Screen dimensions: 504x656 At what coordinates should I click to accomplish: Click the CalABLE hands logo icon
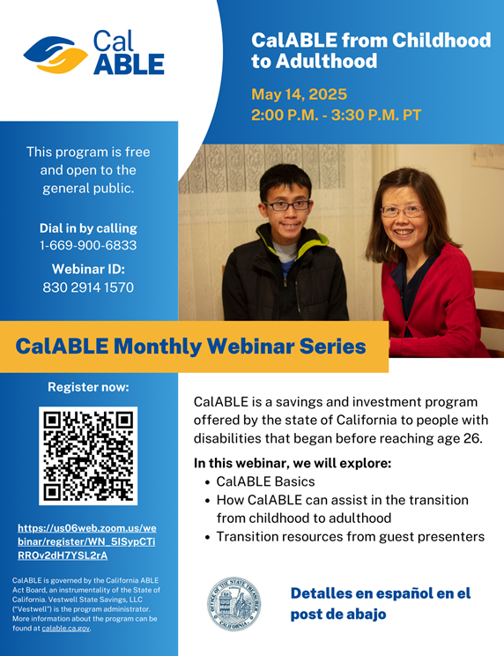point(56,55)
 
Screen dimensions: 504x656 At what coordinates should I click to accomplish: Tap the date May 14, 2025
point(299,94)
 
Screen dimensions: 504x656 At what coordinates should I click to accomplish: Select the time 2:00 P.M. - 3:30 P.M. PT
point(336,115)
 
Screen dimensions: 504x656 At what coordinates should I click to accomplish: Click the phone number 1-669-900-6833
point(88,245)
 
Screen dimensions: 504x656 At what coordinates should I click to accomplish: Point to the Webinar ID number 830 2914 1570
point(88,287)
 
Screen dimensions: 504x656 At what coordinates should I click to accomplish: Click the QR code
point(88,456)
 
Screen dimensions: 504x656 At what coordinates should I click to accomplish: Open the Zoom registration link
point(87,541)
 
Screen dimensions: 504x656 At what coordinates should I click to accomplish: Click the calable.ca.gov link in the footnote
point(65,629)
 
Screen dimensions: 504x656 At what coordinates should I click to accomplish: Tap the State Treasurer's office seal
point(234,604)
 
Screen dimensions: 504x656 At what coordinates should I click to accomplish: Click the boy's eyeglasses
point(286,205)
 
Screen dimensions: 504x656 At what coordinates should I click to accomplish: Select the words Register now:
point(88,387)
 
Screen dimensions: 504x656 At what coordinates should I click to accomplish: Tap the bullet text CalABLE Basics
point(265,481)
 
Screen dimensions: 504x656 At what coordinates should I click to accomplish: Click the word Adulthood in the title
point(326,61)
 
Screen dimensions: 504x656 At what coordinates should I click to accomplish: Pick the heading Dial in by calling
point(88,228)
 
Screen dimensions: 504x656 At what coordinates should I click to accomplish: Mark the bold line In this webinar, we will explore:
point(293,464)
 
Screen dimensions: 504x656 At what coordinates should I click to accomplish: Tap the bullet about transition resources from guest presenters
point(350,537)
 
